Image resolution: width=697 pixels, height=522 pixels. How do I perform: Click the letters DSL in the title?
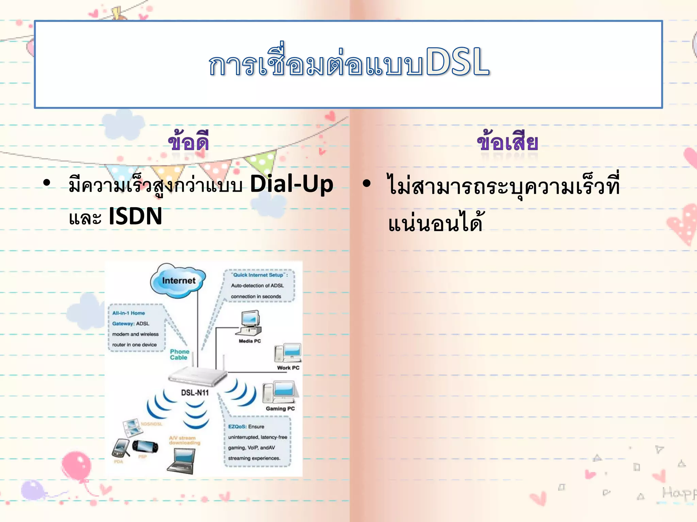coord(457,62)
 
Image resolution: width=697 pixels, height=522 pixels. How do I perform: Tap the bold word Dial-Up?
coord(291,185)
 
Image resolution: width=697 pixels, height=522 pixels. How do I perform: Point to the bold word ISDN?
coord(135,216)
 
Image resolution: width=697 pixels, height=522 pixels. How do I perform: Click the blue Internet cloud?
coord(178,280)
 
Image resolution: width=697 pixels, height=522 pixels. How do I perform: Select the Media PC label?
coord(250,341)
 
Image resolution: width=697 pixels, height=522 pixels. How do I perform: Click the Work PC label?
coord(288,368)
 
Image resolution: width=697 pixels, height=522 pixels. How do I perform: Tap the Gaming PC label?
coord(280,408)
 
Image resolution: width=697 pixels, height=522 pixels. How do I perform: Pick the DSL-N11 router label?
coord(195,393)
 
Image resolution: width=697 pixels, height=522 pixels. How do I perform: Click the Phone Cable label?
coord(179,354)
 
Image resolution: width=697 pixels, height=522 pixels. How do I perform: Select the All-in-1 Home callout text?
coord(129,313)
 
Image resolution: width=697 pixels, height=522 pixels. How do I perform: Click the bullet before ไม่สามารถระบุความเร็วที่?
coord(367,184)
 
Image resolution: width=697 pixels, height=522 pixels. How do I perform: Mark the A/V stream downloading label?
coord(184,440)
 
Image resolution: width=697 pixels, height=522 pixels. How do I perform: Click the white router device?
coord(197,377)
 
